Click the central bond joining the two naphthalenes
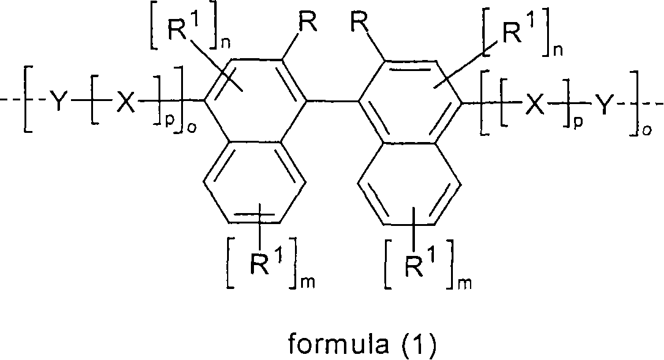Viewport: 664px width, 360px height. pos(331,105)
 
